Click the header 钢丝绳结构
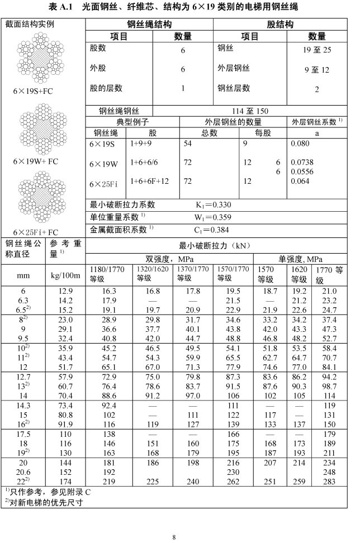[x=149, y=25]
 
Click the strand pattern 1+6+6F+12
[x=149, y=182]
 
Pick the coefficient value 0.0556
[x=302, y=172]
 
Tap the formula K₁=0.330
[x=213, y=205]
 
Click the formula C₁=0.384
[x=213, y=229]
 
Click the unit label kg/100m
[x=66, y=275]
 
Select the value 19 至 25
[x=316, y=50]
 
